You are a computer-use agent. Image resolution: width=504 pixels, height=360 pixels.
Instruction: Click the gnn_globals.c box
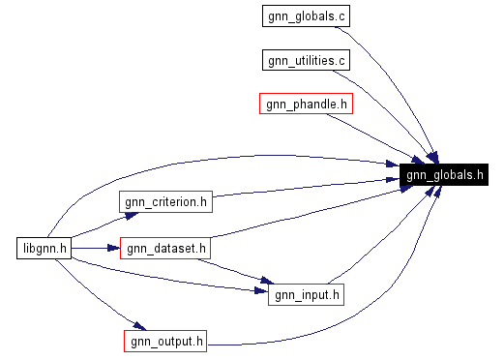click(x=305, y=16)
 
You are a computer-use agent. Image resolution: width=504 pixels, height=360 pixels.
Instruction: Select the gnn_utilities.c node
click(x=305, y=60)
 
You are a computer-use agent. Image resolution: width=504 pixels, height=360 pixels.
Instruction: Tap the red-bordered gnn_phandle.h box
click(x=305, y=104)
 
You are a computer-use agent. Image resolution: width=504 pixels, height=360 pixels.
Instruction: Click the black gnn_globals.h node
click(x=444, y=175)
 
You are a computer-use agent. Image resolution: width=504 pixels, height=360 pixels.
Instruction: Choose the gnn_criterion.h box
click(x=164, y=201)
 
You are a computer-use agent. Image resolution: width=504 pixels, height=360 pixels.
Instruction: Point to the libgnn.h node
click(x=45, y=249)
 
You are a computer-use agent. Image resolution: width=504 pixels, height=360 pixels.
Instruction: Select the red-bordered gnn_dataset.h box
click(x=164, y=249)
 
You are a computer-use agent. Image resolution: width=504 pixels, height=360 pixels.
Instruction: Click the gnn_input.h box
click(x=306, y=294)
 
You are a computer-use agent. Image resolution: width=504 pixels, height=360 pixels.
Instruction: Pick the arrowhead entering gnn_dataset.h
click(x=113, y=249)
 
